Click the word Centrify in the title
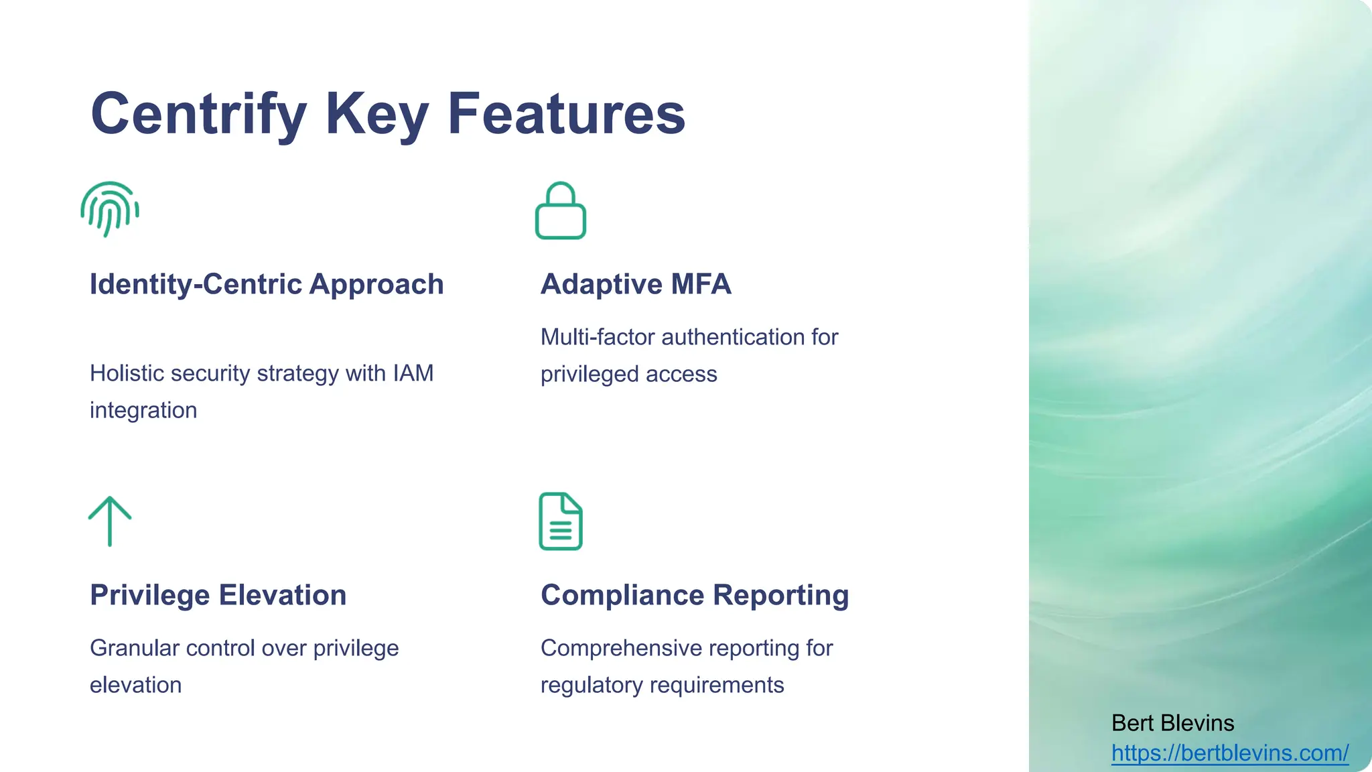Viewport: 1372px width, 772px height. tap(199, 114)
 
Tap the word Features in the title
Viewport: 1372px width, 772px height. tap(566, 114)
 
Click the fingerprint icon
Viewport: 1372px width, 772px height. tap(110, 209)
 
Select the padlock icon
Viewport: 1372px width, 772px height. tap(561, 211)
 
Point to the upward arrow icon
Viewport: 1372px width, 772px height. tap(110, 521)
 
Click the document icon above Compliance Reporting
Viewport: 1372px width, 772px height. tap(561, 521)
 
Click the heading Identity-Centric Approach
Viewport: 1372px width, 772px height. tap(267, 284)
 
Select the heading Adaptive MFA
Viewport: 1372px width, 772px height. tap(636, 284)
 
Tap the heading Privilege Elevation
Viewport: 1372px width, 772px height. tap(218, 595)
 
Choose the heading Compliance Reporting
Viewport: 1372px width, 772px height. tap(695, 595)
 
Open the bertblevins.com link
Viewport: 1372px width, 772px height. tap(1230, 753)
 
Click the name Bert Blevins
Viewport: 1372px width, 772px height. tap(1172, 723)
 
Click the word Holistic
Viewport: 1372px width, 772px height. tap(127, 373)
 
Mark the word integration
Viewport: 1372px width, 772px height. tap(143, 410)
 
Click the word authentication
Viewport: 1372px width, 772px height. tap(732, 337)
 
